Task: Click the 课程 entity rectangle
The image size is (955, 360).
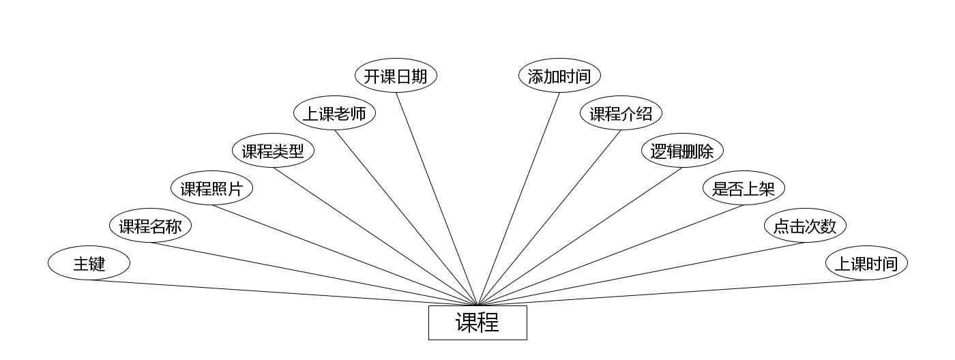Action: pos(477,322)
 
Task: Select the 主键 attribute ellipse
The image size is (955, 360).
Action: pos(89,263)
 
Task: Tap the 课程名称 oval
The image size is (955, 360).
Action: pos(150,226)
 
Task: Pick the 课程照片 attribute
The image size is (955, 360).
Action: pos(211,188)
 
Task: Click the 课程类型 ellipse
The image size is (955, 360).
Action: pos(273,151)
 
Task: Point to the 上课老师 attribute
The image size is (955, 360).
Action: pos(334,113)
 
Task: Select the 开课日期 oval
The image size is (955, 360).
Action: pos(396,76)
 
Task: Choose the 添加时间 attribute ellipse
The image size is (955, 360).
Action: pos(559,76)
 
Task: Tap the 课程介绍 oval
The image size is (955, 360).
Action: pos(621,113)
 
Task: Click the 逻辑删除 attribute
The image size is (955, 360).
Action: pos(682,151)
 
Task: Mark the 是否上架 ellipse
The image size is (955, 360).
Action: pos(744,188)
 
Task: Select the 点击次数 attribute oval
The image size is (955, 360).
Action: pos(805,226)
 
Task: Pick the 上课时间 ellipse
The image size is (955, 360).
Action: pos(866,263)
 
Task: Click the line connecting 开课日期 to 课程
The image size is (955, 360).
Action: pos(437,198)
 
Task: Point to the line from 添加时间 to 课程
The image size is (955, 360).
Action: pos(518,198)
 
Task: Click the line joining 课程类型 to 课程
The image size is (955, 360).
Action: pos(375,237)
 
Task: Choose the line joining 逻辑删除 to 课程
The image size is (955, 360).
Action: pos(580,237)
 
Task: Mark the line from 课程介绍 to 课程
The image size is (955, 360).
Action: pos(549,217)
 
